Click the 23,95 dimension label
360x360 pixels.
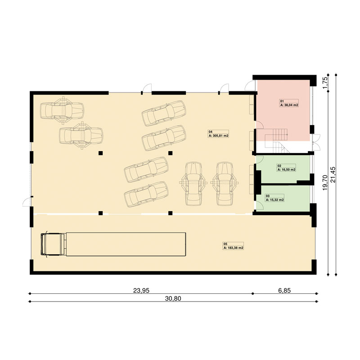click(x=141, y=290)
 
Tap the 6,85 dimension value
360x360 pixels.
click(x=284, y=290)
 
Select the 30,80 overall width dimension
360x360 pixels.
click(x=173, y=298)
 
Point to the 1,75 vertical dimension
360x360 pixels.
click(x=325, y=83)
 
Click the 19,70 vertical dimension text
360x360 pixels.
click(x=325, y=183)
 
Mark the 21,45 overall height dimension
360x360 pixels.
click(x=333, y=175)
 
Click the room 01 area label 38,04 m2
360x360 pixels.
click(x=289, y=105)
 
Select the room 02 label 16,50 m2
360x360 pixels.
click(x=287, y=170)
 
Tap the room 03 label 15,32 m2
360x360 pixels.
click(x=275, y=200)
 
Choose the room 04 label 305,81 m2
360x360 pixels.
click(x=219, y=136)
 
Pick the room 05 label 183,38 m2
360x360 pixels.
click(x=234, y=248)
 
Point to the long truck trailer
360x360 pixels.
click(x=126, y=244)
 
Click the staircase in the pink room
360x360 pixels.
click(x=278, y=140)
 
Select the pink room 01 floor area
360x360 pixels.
click(x=283, y=110)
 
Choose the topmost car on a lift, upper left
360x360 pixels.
click(x=62, y=111)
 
